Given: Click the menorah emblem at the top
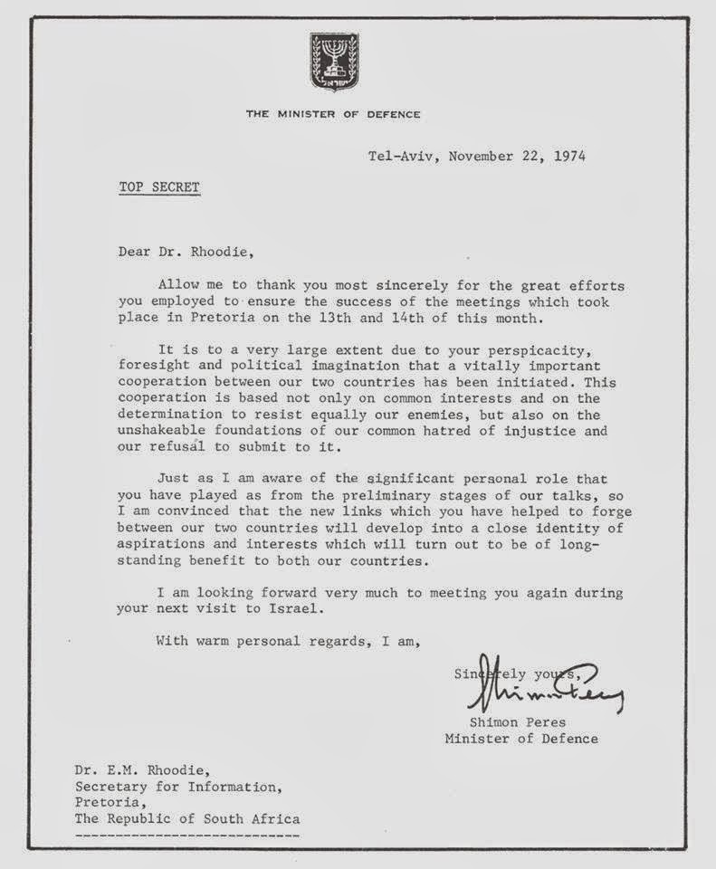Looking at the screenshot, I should tap(334, 62).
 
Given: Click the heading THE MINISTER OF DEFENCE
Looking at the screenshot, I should tap(333, 114).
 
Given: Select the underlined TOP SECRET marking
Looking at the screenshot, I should tap(159, 187).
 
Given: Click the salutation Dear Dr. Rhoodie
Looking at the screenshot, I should tap(175, 253).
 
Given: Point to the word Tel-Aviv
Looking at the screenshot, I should tap(398, 156).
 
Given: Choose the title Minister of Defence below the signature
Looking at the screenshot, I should tap(520, 739).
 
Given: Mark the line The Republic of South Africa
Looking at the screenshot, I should tap(186, 818).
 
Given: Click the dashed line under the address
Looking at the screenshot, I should tap(186, 833).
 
